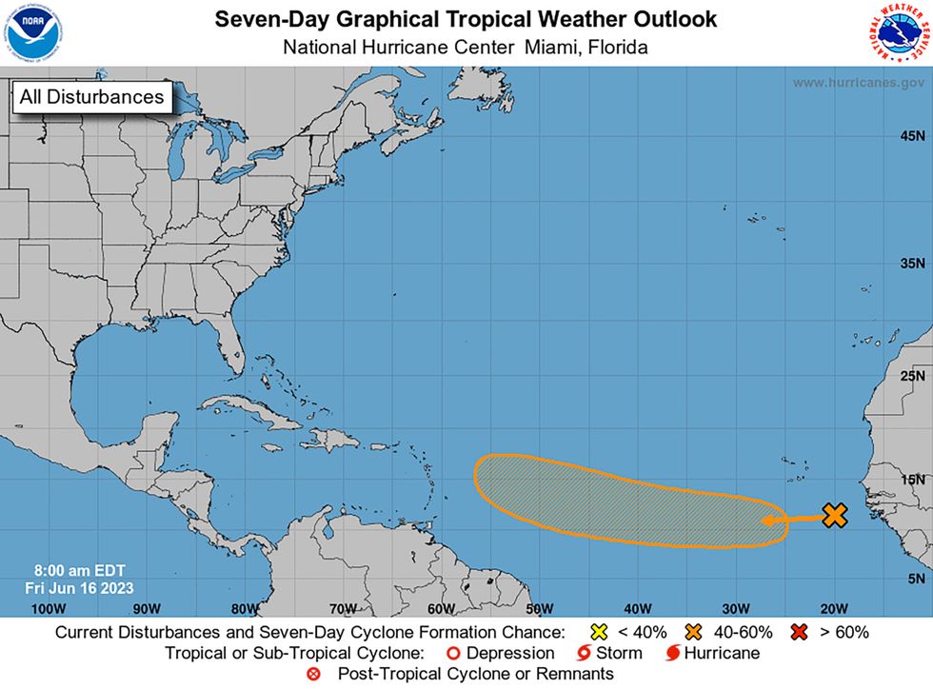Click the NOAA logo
click(32, 32)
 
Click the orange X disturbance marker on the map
click(834, 516)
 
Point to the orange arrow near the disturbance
click(789, 519)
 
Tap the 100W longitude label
click(48, 608)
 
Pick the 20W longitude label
click(833, 608)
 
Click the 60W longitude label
click(441, 608)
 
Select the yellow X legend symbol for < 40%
click(598, 632)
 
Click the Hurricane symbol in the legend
click(672, 653)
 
